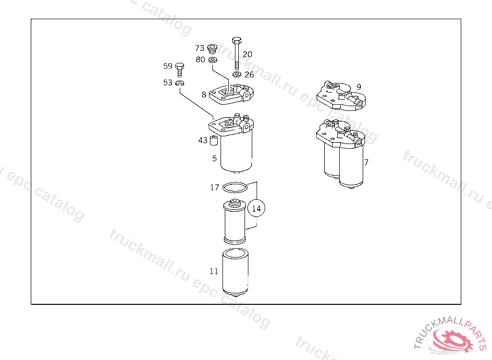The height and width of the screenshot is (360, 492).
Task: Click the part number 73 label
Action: click(199, 48)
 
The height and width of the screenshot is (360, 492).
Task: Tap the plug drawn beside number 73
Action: click(212, 48)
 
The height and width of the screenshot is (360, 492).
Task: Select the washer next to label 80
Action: click(213, 60)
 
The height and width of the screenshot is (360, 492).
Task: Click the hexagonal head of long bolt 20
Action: click(236, 40)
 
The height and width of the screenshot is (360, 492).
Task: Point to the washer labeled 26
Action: click(237, 74)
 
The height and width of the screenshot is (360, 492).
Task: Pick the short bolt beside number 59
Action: click(180, 69)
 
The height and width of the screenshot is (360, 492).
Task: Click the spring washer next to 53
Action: click(180, 83)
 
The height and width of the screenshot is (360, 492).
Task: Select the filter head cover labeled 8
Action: click(231, 94)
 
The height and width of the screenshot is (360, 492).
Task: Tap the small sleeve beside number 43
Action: click(214, 141)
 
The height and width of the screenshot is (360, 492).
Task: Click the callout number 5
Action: click(214, 158)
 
